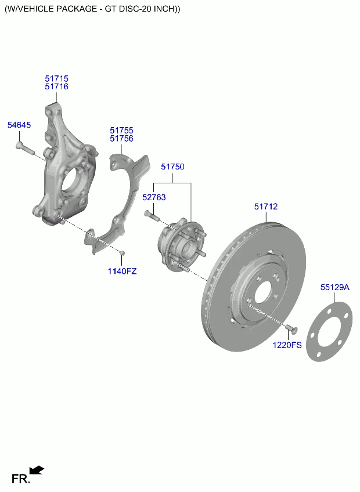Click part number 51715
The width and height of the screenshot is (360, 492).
(x=56, y=78)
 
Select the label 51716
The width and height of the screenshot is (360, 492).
(x=56, y=86)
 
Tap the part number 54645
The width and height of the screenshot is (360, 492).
(x=19, y=125)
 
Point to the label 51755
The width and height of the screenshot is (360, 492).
(x=121, y=131)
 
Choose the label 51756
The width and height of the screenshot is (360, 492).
(x=121, y=139)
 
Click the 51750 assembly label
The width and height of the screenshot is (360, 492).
(x=172, y=167)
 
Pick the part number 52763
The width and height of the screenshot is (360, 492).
(x=154, y=197)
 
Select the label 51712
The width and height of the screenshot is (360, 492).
(x=265, y=207)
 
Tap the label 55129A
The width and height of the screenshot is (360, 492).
(x=335, y=287)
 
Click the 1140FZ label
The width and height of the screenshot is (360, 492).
(x=122, y=271)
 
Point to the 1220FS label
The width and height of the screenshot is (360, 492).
(x=288, y=345)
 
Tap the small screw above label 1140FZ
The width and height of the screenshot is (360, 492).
(x=122, y=252)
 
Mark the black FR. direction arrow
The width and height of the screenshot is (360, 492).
(x=37, y=470)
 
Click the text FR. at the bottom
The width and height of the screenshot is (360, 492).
(x=21, y=479)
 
